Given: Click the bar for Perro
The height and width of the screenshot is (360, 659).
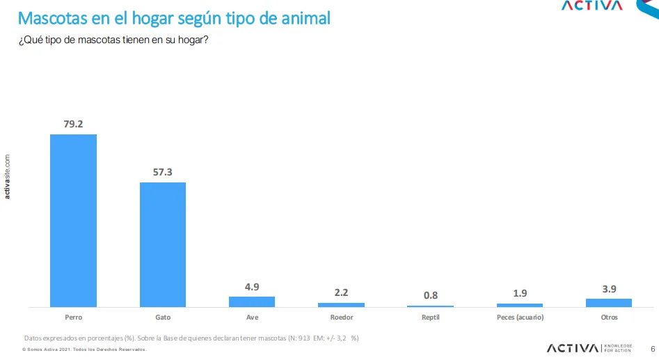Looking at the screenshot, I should pyautogui.click(x=73, y=220).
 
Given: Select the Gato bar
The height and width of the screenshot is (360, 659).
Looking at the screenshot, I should pyautogui.click(x=163, y=244).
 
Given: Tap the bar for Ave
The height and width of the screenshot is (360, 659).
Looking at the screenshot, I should pyautogui.click(x=252, y=302).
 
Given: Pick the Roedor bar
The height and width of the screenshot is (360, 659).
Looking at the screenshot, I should pyautogui.click(x=341, y=304).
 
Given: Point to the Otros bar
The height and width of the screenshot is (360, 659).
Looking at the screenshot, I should pyautogui.click(x=609, y=302).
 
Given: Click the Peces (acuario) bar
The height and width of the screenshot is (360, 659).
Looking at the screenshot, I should pyautogui.click(x=520, y=305).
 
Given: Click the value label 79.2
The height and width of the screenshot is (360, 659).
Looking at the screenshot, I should pyautogui.click(x=73, y=124).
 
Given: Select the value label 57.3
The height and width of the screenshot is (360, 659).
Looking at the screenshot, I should pyautogui.click(x=163, y=172).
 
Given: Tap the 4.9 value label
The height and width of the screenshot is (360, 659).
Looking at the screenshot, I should pyautogui.click(x=252, y=286).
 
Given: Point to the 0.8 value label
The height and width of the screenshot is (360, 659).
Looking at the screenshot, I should pyautogui.click(x=431, y=295).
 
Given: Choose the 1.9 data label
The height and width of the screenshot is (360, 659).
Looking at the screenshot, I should pyautogui.click(x=520, y=293).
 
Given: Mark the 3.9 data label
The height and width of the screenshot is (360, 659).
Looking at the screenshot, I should pyautogui.click(x=609, y=288).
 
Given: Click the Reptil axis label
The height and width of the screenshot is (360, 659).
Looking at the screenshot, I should pyautogui.click(x=430, y=318).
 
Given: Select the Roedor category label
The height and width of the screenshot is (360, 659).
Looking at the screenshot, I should pyautogui.click(x=341, y=318).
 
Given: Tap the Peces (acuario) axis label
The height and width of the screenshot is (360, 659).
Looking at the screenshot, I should pyautogui.click(x=520, y=318).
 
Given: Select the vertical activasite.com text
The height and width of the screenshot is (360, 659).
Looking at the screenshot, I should pyautogui.click(x=8, y=176).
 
